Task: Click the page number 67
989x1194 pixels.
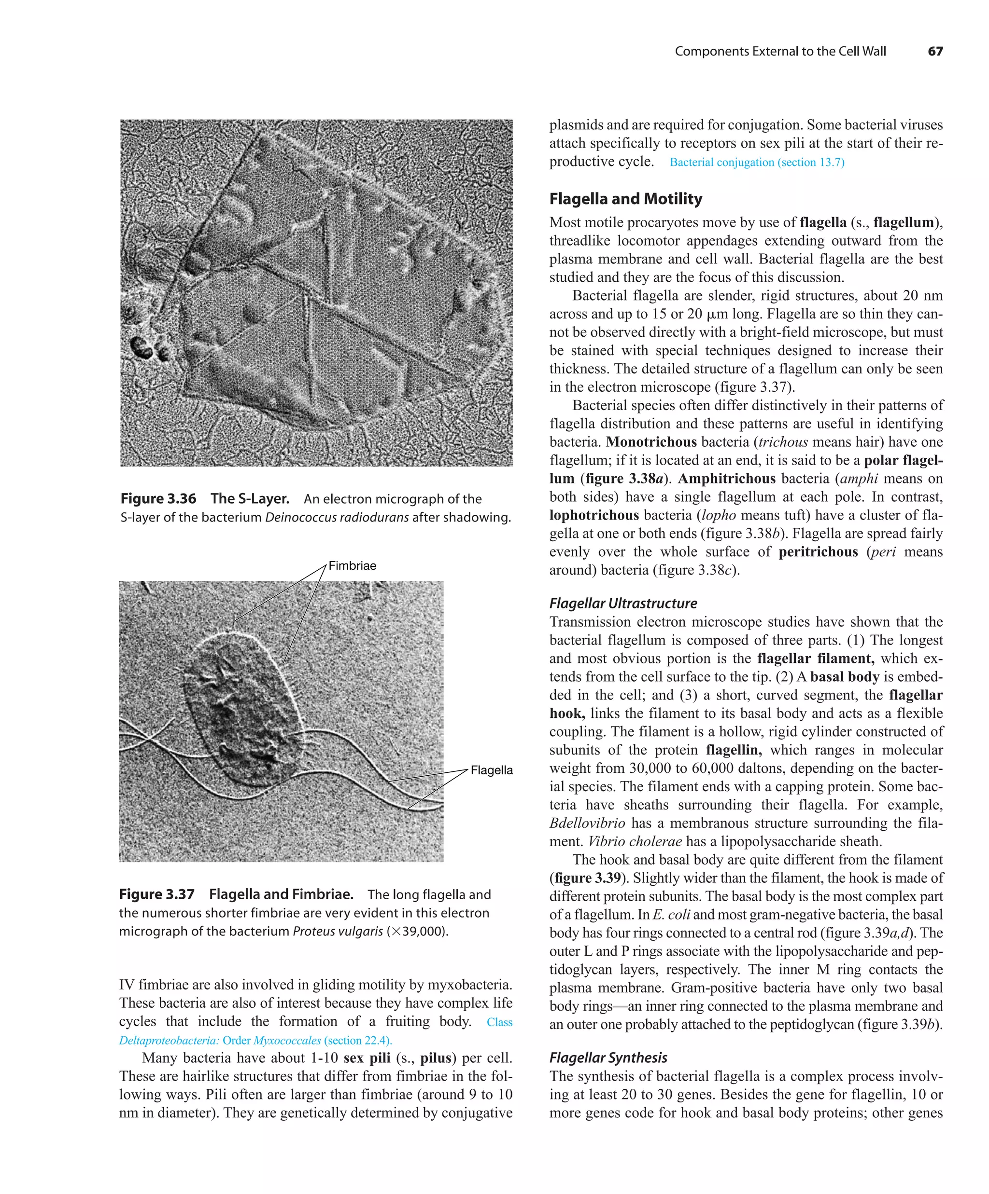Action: click(x=934, y=51)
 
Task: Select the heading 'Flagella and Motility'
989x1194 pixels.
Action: click(x=625, y=198)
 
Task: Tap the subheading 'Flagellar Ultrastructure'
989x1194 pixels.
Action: click(x=622, y=603)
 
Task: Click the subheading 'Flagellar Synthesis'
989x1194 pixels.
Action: click(x=608, y=1057)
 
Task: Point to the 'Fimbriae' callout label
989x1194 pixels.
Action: click(x=352, y=565)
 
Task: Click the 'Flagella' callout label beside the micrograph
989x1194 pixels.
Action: click(x=492, y=770)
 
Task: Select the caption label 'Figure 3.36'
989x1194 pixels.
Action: click(x=158, y=499)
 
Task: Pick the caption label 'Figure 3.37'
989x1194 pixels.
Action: click(x=156, y=894)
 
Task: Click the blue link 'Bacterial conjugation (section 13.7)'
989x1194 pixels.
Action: click(x=756, y=162)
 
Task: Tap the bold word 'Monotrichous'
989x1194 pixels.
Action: click(x=651, y=442)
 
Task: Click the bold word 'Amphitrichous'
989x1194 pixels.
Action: click(x=726, y=478)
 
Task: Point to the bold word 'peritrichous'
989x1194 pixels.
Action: click(x=818, y=551)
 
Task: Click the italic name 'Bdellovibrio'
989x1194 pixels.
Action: click(x=587, y=823)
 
